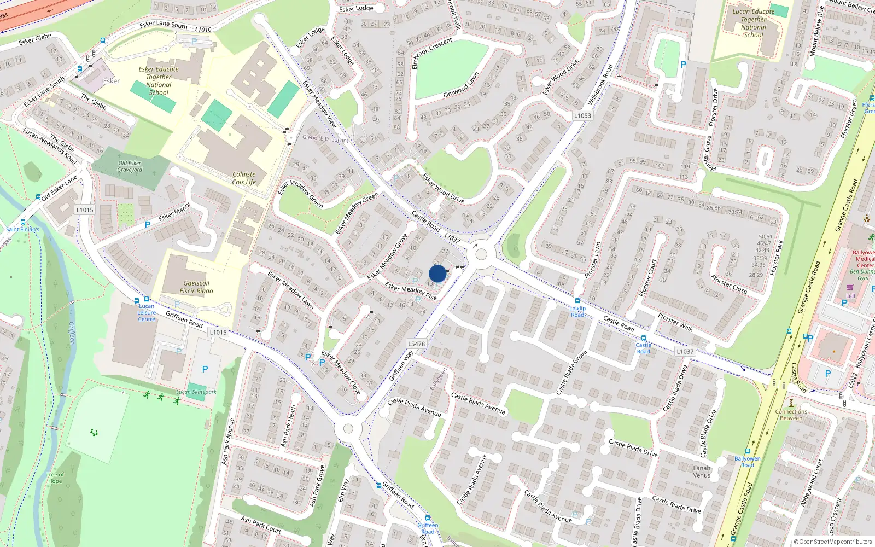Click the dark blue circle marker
pyautogui.click(x=437, y=273)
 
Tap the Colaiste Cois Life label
pyautogui.click(x=244, y=178)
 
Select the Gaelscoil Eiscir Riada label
pyautogui.click(x=196, y=287)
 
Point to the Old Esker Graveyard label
pyautogui.click(x=130, y=166)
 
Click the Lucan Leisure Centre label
pyautogui.click(x=147, y=312)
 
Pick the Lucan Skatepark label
pyautogui.click(x=196, y=392)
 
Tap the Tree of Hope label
pyautogui.click(x=55, y=478)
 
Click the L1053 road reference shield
pyautogui.click(x=582, y=115)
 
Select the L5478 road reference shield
pyautogui.click(x=416, y=344)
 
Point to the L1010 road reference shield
pyautogui.click(x=203, y=30)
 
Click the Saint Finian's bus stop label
pyautogui.click(x=23, y=229)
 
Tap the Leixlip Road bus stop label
pyautogui.click(x=577, y=311)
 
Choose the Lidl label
pyautogui.click(x=850, y=296)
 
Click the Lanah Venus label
pyautogui.click(x=702, y=472)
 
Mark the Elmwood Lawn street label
pyautogui.click(x=461, y=85)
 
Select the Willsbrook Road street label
pyautogui.click(x=600, y=85)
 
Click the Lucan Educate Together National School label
pyautogui.click(x=754, y=23)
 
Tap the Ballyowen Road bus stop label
pyautogui.click(x=747, y=462)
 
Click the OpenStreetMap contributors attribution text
pyautogui.click(x=833, y=542)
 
